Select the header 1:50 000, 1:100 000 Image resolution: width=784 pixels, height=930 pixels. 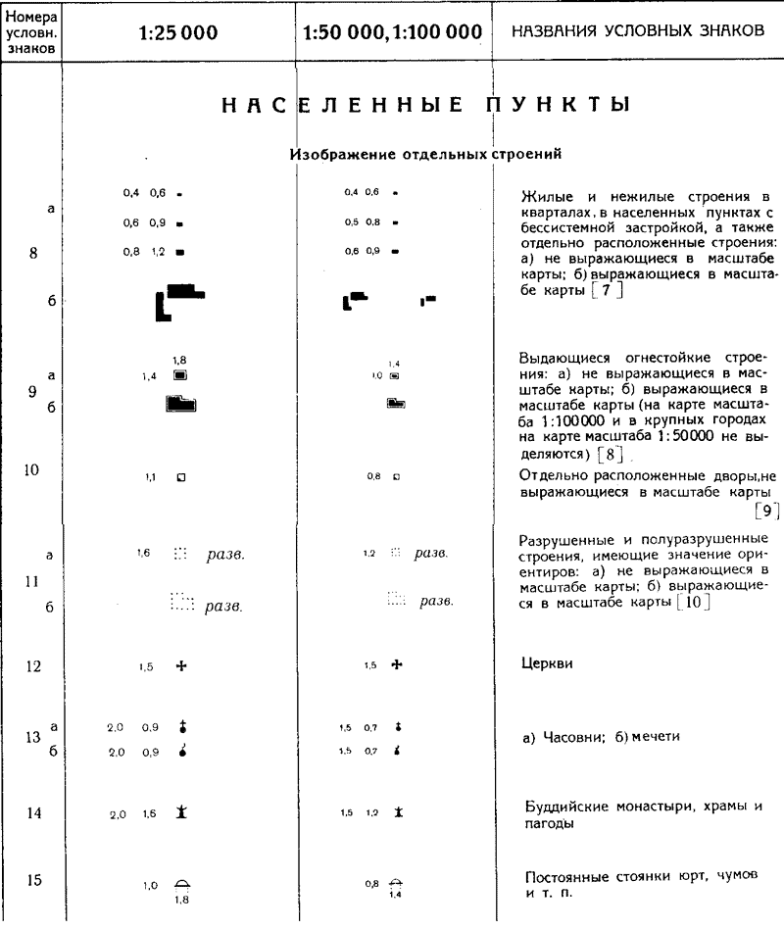click(392, 32)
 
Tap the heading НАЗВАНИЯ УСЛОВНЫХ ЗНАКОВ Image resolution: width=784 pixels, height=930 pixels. click(637, 31)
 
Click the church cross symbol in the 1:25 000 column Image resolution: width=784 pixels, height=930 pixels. click(180, 666)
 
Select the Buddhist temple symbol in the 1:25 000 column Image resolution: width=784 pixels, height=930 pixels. click(181, 811)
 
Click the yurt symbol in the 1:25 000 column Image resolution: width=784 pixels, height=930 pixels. click(181, 884)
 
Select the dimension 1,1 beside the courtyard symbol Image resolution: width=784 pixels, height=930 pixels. click(152, 477)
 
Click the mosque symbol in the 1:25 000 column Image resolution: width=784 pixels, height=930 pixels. click(181, 752)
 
